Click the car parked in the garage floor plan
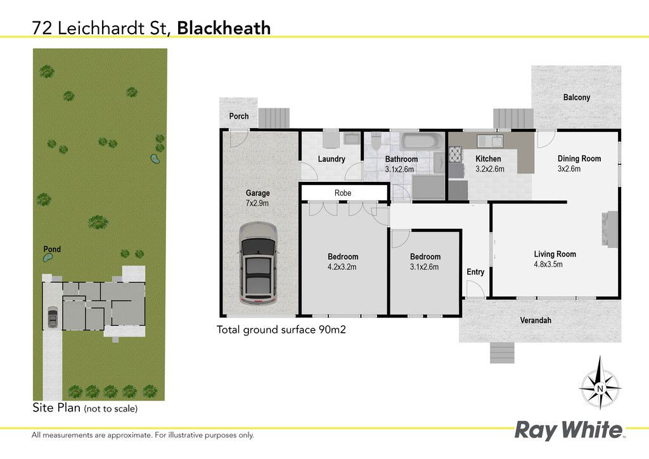(257, 264)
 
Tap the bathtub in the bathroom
(419, 141)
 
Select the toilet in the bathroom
(376, 141)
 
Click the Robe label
(343, 193)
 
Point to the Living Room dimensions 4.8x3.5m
(548, 264)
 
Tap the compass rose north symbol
(600, 388)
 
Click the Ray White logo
(569, 430)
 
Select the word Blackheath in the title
(224, 28)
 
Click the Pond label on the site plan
(52, 249)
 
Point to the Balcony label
(577, 97)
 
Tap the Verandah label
(536, 320)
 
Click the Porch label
(239, 116)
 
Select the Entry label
(475, 272)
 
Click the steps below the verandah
(502, 352)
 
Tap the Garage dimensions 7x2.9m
(257, 204)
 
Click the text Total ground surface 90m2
(281, 330)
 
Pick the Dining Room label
(579, 158)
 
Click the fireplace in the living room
(609, 229)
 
